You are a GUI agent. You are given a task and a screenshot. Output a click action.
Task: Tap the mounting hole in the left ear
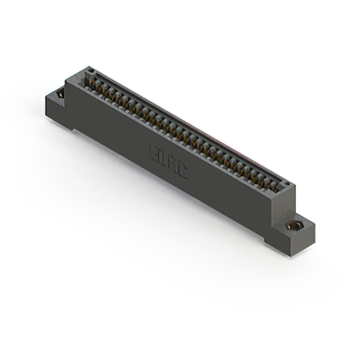pyautogui.click(x=60, y=94)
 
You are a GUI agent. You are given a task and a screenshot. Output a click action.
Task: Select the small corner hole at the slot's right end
pyautogui.click(x=286, y=184)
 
